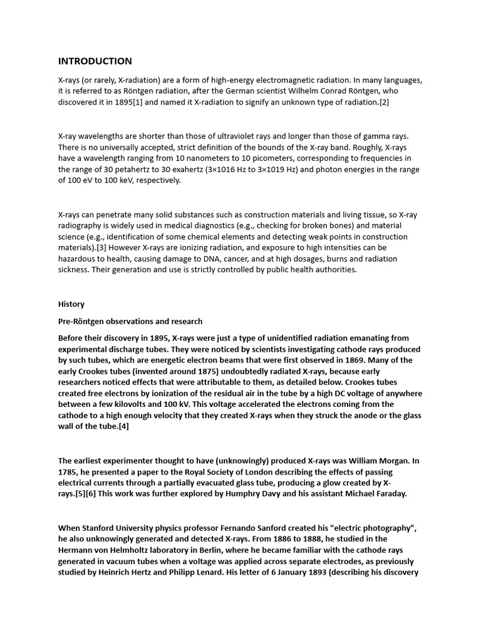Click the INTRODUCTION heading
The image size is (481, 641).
[x=95, y=61]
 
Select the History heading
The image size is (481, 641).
[x=71, y=304]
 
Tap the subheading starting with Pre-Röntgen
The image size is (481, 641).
[x=130, y=322]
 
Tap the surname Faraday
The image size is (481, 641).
[x=388, y=494]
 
